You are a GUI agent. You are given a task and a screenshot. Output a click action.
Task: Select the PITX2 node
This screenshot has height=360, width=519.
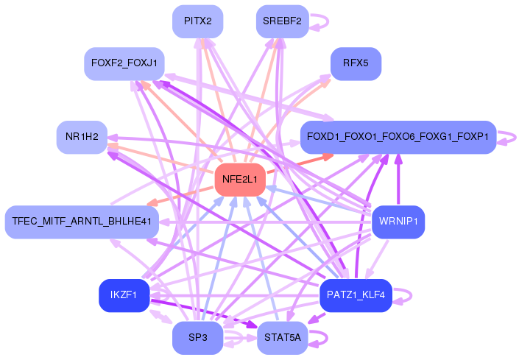[198, 21]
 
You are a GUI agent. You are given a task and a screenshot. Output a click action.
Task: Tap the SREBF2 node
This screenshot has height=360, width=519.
[282, 21]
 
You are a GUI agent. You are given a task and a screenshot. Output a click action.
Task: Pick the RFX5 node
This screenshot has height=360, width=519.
[356, 63]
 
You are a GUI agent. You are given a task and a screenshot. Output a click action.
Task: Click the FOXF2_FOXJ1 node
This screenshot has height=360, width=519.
[124, 63]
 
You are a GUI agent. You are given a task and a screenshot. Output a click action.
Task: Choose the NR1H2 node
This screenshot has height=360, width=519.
[82, 137]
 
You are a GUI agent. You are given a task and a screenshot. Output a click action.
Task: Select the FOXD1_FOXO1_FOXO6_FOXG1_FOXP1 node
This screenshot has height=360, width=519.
[398, 137]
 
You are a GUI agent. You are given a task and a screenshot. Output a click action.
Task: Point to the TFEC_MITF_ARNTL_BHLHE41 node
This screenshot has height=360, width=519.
[82, 221]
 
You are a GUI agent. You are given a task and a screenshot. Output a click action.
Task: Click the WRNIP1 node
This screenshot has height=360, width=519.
[398, 221]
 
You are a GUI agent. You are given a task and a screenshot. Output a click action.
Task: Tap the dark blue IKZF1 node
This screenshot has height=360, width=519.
[124, 295]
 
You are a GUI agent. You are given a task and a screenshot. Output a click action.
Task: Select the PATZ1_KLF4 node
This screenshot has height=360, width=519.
[356, 295]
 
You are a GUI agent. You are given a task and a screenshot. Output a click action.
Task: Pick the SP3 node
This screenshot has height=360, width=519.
[198, 338]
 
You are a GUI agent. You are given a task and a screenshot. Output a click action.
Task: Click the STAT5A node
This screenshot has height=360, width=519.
[282, 338]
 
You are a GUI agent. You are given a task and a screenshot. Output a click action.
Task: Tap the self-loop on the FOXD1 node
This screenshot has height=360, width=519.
[507, 137]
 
